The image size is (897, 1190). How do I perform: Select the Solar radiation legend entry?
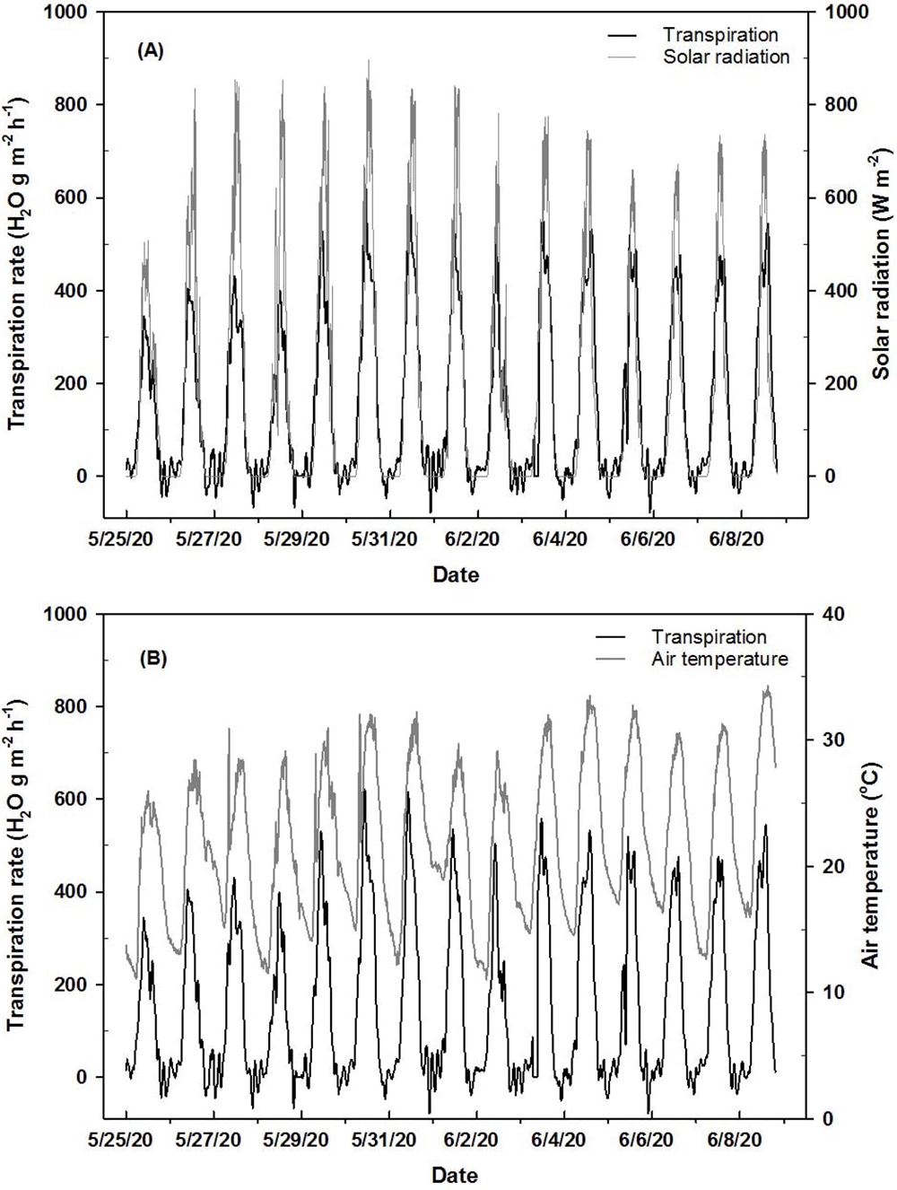pos(726,57)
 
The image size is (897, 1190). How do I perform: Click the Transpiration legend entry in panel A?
pos(720,36)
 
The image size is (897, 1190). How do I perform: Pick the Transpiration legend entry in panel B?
pos(709,637)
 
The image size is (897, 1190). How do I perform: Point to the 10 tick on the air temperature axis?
pos(832,993)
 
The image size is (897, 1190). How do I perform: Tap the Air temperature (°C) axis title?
pos(869,865)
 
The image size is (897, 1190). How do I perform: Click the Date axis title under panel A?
pos(456,574)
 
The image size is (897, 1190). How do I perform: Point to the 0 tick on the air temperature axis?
pos(827,1118)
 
